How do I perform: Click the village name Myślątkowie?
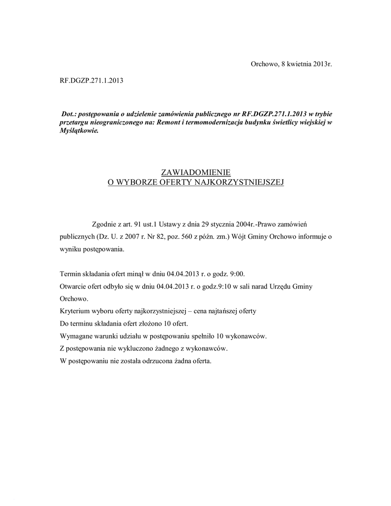pos(79,131)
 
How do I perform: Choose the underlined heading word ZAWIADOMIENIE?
pos(196,172)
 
